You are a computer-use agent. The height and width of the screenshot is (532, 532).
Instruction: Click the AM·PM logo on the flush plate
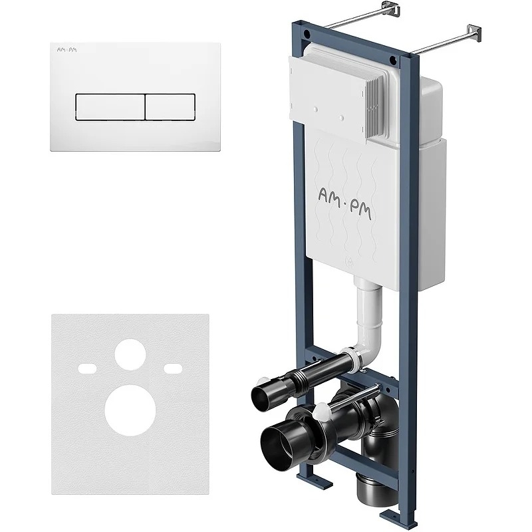pos(66,50)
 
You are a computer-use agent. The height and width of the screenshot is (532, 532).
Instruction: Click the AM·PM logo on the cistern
pos(344,203)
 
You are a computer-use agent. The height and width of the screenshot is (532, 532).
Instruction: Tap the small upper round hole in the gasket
pos(130,354)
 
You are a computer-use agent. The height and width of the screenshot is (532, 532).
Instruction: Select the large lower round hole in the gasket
pos(130,410)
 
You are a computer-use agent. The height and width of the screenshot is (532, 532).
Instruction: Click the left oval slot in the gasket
pos(88,368)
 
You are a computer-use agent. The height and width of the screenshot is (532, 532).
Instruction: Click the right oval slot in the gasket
pos(173,368)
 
